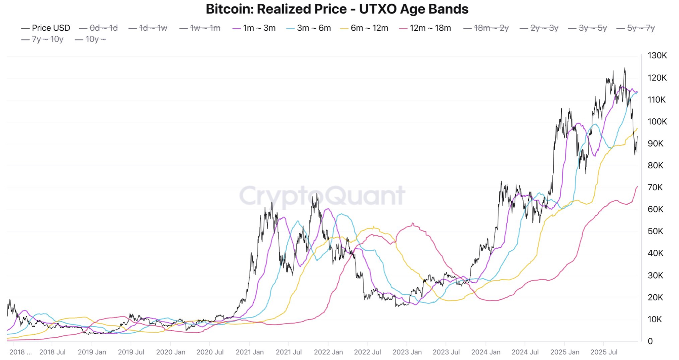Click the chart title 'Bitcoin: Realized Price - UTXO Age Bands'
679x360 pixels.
337,9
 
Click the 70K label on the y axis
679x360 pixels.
655,187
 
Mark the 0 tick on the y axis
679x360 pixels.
650,341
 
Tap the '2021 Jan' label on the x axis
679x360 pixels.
250,352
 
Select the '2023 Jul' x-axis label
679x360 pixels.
446,352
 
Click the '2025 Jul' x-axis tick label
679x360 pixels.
604,352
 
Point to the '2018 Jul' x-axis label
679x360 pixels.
52,352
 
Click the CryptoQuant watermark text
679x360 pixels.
322,195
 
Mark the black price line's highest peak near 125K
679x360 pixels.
625,68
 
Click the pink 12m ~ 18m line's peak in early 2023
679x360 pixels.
413,224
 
